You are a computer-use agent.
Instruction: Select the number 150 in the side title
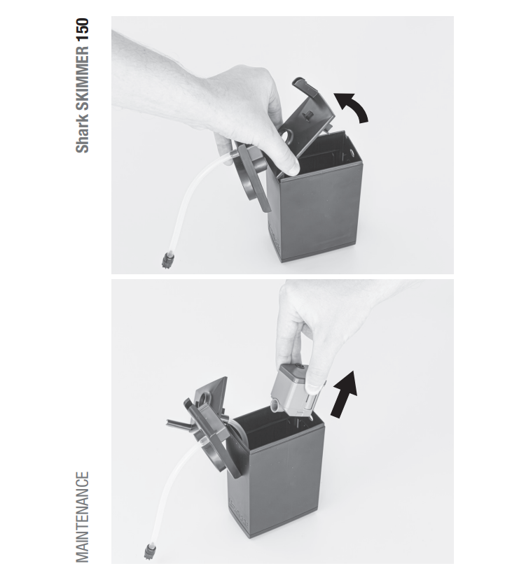pos(83,29)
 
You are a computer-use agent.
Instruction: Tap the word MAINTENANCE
pos(83,517)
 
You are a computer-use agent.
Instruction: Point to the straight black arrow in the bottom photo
pos(345,395)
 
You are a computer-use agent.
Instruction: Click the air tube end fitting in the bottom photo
pos(150,551)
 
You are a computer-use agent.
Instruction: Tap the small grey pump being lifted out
pos(295,391)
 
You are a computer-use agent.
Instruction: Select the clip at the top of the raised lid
pos(305,86)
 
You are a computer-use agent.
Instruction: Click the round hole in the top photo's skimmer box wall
pos(351,152)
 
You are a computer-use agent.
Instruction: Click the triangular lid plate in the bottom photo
pos(212,396)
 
